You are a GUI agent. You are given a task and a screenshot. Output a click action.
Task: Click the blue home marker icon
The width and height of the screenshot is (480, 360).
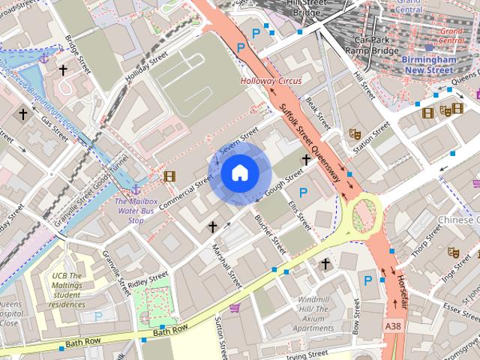[x=240, y=173]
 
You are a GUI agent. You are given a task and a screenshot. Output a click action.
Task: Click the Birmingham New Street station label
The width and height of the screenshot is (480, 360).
[x=428, y=64]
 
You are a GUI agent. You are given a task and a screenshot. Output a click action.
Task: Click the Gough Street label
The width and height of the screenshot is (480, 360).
[x=283, y=183]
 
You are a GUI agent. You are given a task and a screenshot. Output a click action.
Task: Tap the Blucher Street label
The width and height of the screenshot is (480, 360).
[x=271, y=233]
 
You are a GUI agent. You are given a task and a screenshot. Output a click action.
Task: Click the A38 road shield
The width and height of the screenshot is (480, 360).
[x=394, y=327]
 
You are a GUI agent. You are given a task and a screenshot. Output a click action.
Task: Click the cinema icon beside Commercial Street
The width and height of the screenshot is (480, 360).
[x=170, y=177]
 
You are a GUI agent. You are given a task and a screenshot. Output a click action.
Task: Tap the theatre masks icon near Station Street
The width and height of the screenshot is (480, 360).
[x=355, y=134]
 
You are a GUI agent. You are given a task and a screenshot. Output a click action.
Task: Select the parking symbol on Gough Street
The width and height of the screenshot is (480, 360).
[x=303, y=193]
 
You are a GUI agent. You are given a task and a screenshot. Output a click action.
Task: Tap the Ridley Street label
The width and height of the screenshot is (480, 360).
[x=148, y=280]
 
